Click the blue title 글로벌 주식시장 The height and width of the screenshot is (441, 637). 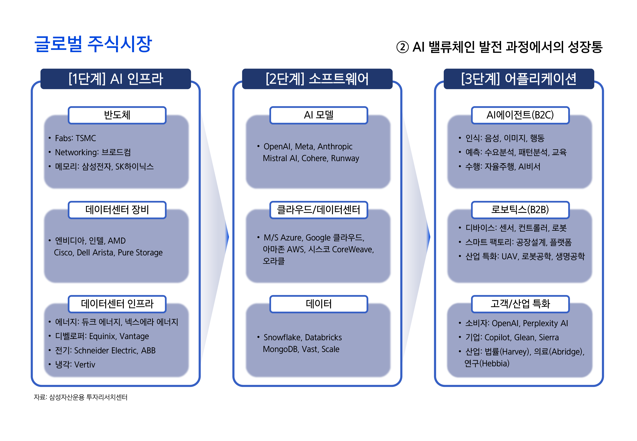(93, 44)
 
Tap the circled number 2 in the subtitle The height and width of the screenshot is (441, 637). (402, 47)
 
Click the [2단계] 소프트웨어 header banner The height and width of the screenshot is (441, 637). (317, 79)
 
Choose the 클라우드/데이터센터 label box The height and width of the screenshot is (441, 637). (318, 210)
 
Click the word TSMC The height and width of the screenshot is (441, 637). (86, 138)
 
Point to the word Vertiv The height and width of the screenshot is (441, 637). (84, 365)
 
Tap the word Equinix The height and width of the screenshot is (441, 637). (102, 336)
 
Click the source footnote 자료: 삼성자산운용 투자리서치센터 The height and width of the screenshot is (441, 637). (80, 397)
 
